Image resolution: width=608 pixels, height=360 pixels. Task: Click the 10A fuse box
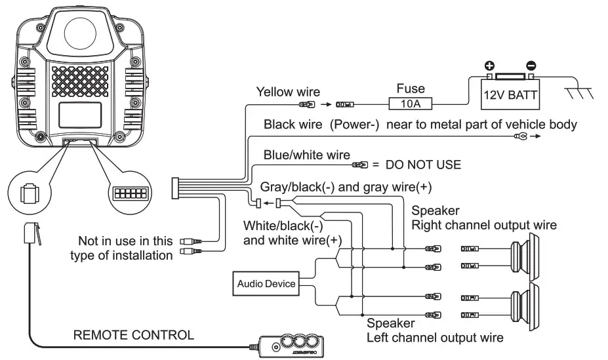410,103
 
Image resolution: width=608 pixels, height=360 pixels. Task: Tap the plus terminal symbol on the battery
489,66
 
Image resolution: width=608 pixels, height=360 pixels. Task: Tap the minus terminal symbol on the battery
531,66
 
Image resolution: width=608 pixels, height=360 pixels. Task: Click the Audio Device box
266,284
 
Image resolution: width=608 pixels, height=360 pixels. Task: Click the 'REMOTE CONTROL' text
134,335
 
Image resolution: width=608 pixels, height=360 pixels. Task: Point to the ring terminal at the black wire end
522,136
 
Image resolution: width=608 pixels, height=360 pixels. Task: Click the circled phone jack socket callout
28,194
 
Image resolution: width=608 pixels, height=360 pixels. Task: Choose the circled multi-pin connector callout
131,193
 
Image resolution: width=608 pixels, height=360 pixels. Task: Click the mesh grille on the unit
82,85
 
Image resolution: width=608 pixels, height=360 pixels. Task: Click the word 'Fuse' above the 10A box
411,88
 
